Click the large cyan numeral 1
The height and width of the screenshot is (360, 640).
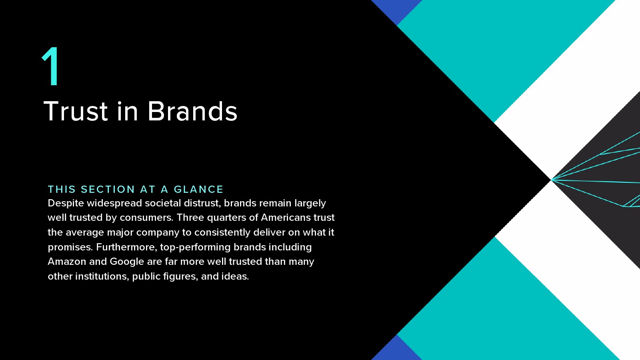[52, 66]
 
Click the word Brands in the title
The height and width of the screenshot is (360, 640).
[192, 111]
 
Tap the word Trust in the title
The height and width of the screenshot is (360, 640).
[76, 111]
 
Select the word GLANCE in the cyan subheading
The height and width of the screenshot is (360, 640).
[198, 189]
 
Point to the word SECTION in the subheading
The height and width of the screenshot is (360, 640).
[108, 189]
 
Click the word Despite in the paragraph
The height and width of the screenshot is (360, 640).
[66, 204]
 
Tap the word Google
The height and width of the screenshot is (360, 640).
[127, 262]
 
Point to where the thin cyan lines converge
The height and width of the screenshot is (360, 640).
[551, 180]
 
